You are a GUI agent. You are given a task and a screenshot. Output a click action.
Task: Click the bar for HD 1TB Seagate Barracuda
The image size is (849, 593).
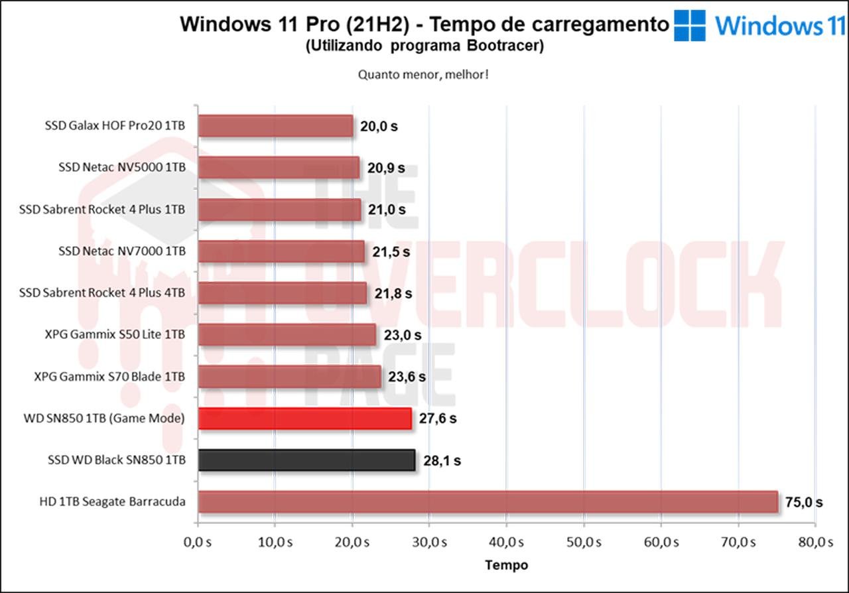(x=488, y=501)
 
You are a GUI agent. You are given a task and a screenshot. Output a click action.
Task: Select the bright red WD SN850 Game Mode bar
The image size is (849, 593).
(x=304, y=419)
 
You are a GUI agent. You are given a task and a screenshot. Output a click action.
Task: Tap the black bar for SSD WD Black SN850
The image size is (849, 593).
(x=306, y=460)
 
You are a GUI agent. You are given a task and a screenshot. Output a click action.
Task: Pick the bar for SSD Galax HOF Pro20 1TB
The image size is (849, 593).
(x=275, y=126)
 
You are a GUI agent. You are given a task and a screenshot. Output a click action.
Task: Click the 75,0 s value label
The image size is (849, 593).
(x=803, y=502)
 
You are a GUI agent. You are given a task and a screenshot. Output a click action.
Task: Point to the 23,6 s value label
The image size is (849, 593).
(x=407, y=377)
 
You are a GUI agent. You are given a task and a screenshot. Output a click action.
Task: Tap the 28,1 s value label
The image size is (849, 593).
(x=442, y=460)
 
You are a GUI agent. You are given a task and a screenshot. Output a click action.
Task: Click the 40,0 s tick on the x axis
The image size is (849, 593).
(x=506, y=542)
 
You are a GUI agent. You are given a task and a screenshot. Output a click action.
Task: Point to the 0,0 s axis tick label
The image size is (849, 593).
(x=197, y=542)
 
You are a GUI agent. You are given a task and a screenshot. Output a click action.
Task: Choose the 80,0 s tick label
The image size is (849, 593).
(x=815, y=542)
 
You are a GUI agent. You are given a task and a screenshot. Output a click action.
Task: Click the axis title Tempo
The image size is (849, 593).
(x=507, y=565)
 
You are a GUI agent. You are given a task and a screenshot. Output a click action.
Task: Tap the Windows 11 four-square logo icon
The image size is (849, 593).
(x=690, y=25)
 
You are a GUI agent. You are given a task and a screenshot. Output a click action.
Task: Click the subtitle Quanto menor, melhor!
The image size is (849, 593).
(x=424, y=74)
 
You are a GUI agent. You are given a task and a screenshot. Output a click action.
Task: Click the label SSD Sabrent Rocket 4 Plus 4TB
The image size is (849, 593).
(x=102, y=293)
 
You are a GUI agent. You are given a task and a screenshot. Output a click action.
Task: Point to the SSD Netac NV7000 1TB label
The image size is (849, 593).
(x=122, y=251)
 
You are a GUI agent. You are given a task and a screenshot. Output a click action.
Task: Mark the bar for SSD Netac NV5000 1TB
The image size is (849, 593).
(x=279, y=168)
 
